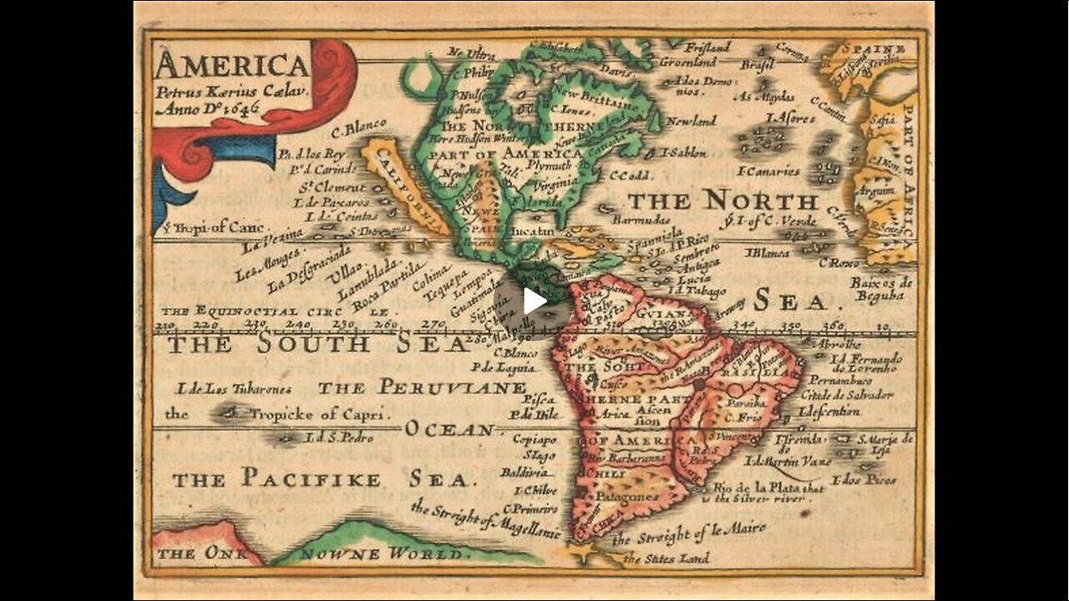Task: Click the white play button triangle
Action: (534, 300)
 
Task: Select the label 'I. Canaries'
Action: (768, 171)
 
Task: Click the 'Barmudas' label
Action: (641, 220)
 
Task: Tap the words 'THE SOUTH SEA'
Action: (317, 343)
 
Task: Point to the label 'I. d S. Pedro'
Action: (339, 437)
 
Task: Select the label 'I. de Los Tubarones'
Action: (234, 389)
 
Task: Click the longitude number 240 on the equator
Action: (297, 325)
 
